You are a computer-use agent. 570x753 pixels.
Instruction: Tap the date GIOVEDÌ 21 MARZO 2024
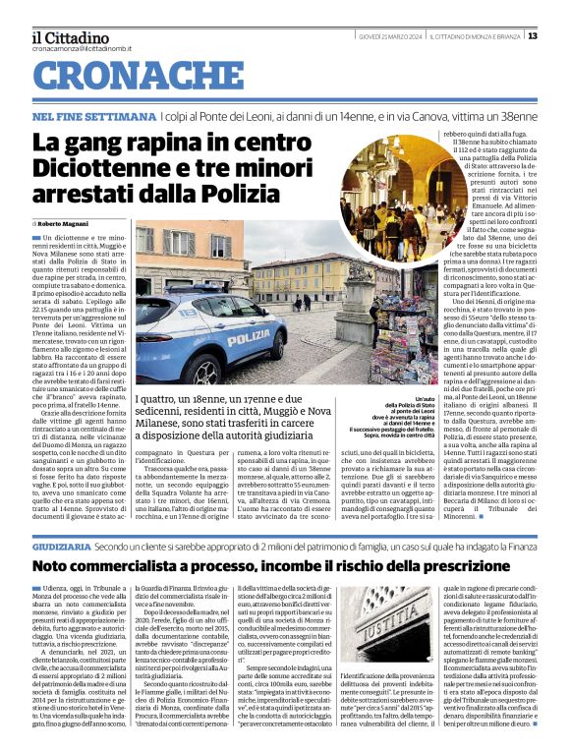point(388,36)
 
